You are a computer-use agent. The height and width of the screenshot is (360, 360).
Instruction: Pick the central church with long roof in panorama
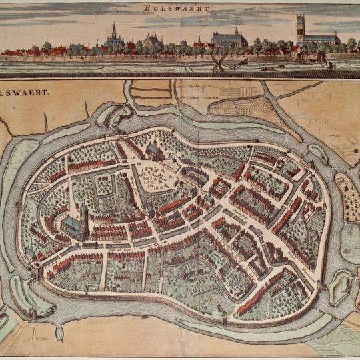(x=229, y=39)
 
